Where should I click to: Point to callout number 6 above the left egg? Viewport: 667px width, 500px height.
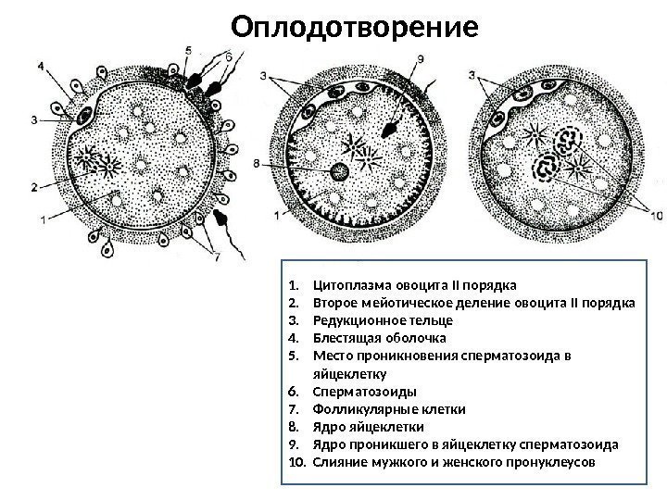point(230,56)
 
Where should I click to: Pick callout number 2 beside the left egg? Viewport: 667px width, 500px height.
point(34,187)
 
